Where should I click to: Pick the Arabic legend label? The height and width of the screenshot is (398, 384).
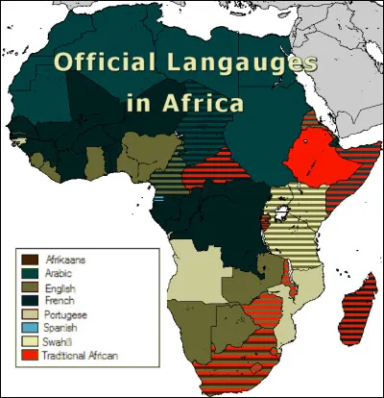[61, 274]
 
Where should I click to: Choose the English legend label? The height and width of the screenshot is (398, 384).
[62, 287]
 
